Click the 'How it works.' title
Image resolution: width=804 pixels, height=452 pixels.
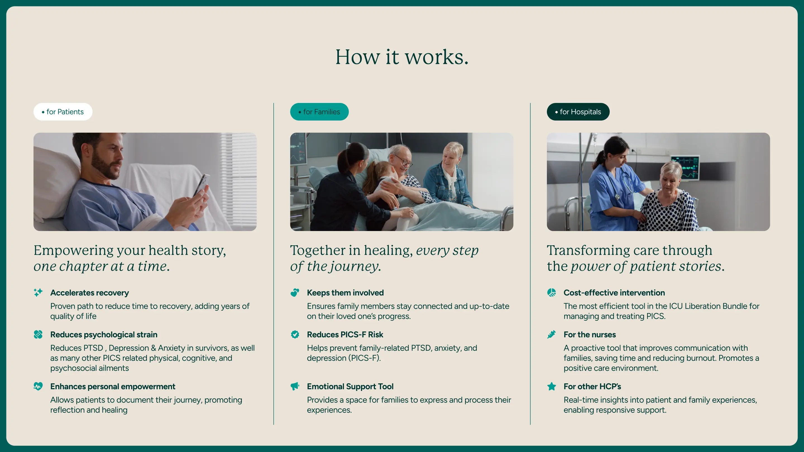[402, 57]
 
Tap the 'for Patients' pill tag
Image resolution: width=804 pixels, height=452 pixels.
[63, 112]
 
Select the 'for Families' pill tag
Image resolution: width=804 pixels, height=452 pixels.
[319, 112]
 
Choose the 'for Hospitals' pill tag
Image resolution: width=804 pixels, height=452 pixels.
[578, 112]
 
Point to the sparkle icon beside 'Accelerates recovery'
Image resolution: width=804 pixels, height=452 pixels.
[38, 292]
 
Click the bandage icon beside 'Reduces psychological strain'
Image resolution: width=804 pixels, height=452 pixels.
[38, 335]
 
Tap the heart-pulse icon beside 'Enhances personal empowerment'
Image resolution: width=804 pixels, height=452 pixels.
[38, 386]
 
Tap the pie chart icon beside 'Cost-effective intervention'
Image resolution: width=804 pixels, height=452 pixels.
[552, 292]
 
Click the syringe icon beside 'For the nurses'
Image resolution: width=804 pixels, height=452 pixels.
[552, 335]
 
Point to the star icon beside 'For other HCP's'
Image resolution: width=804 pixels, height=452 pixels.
[552, 386]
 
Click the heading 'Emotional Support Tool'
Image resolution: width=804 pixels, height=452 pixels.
[350, 386]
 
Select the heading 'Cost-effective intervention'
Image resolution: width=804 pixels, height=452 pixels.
[614, 293]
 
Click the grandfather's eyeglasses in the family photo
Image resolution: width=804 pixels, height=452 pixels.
[405, 162]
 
